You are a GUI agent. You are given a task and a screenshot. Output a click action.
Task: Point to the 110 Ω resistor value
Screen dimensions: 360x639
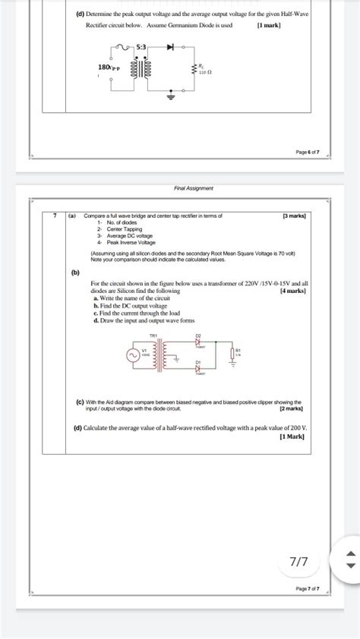point(204,73)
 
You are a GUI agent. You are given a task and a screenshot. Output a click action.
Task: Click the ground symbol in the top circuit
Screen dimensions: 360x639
point(170,96)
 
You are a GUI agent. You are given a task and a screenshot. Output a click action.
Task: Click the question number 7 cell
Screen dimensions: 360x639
point(55,216)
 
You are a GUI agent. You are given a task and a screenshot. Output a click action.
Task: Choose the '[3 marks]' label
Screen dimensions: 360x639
point(293,216)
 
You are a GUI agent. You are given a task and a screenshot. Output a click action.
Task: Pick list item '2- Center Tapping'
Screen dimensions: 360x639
point(109,228)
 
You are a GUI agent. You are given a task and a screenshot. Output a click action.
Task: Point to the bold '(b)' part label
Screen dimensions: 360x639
point(75,271)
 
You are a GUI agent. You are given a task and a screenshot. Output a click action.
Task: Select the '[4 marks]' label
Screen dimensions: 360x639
point(293,291)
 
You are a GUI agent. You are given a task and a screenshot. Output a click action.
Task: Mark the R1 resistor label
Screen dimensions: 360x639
point(238,351)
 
